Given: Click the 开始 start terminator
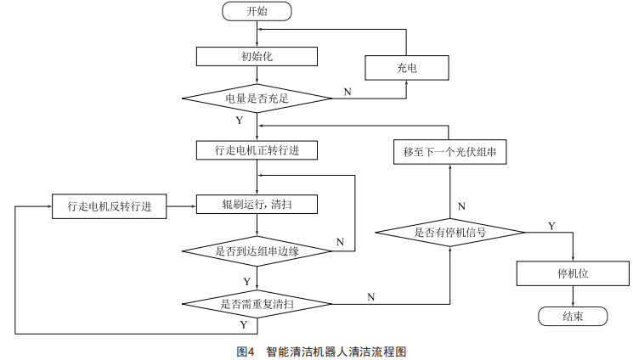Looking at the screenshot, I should (257, 11).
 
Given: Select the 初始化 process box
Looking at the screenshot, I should (257, 56).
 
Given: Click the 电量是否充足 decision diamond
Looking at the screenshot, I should (257, 99).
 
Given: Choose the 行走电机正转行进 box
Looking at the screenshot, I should (257, 150).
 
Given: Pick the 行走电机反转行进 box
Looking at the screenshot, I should (109, 205).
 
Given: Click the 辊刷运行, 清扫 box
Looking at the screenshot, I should (257, 205).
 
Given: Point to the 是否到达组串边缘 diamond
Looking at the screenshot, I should (257, 251).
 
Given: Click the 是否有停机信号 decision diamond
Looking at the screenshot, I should (450, 231).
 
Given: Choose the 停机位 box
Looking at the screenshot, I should (574, 274).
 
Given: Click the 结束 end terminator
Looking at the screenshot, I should (574, 316).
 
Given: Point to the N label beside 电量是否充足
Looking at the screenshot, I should (347, 90).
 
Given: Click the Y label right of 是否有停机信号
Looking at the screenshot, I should (551, 225).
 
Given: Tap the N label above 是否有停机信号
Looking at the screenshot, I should (461, 206).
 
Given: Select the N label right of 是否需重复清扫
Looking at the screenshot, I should (370, 296).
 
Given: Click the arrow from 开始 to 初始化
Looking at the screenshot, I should (257, 33).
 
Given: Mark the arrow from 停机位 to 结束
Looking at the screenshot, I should (574, 296).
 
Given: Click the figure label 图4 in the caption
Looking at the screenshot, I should (246, 350).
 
